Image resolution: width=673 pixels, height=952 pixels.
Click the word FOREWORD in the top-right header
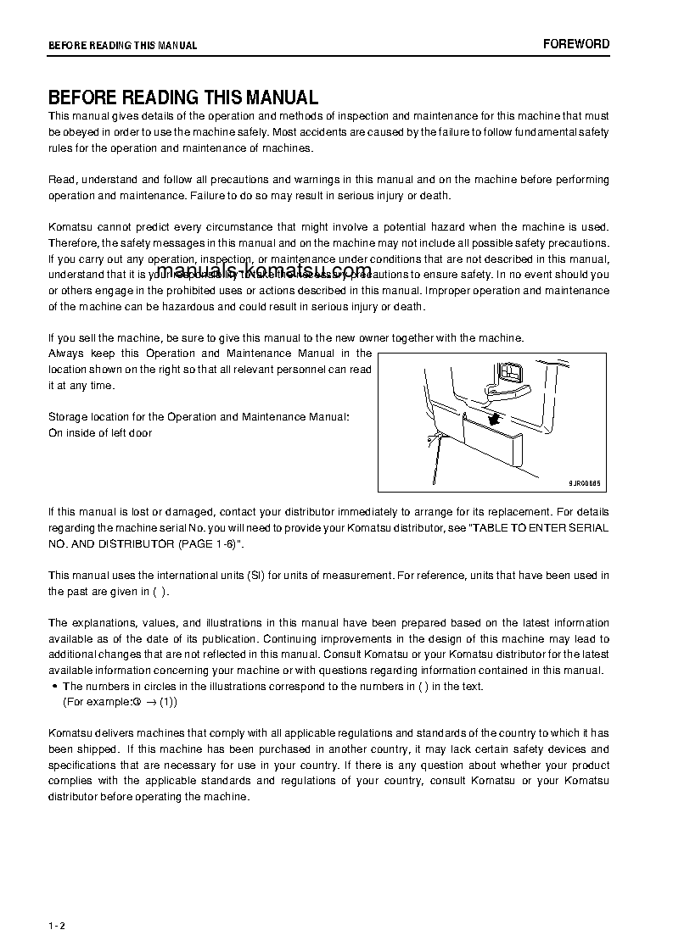576,44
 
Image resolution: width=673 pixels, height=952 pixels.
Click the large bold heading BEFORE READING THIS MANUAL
183,97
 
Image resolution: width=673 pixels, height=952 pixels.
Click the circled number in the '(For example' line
135,702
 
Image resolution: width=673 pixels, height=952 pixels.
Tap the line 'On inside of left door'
100,433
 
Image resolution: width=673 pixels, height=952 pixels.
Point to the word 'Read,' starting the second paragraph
63,180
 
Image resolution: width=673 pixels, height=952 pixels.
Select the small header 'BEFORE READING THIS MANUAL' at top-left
122,46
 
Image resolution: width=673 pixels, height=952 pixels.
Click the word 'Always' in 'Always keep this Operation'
66,353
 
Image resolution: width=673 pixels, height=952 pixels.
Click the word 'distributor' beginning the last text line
74,796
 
